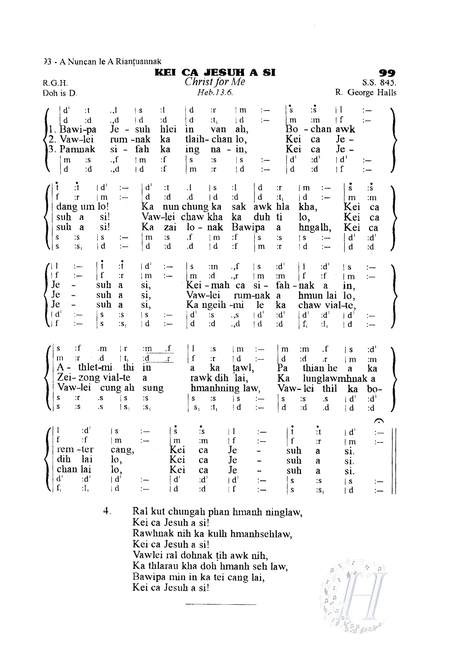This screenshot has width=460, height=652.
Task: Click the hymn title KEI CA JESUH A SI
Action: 215,73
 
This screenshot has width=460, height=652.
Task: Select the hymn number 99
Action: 387,73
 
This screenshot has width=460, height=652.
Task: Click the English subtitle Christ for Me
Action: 215,82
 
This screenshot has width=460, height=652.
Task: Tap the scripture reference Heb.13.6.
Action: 215,92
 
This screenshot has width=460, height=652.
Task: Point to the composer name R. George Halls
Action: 365,93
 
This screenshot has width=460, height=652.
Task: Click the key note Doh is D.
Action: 60,93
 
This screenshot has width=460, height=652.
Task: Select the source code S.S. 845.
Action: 379,83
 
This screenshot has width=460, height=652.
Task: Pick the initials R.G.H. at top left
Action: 55,83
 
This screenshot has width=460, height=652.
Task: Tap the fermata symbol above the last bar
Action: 379,421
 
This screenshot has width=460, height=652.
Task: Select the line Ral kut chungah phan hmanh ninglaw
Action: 217,512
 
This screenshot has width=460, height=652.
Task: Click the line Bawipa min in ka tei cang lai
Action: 198,577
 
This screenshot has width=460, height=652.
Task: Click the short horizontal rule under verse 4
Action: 221,604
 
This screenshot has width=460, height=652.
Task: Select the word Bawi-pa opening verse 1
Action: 78,129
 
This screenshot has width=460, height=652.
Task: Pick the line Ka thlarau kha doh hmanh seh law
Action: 210,566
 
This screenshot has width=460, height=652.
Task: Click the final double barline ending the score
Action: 393,461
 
